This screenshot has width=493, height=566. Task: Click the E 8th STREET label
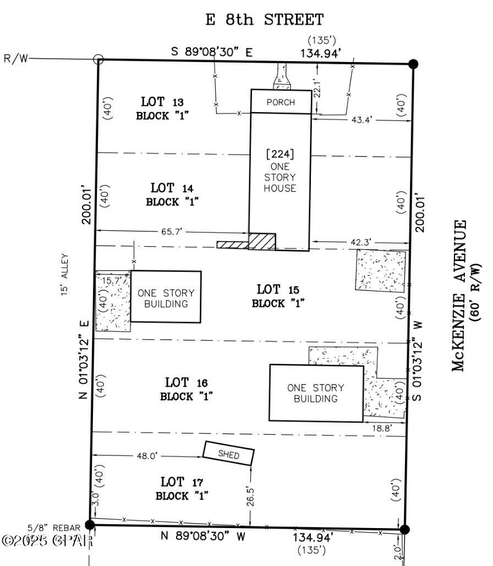[x=264, y=20]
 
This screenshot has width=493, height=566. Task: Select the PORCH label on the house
[x=281, y=102]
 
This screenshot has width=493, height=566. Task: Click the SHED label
[x=229, y=454]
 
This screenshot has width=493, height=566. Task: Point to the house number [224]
[x=280, y=154]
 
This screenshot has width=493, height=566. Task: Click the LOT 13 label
[x=162, y=102]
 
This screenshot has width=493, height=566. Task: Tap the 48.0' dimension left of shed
[x=144, y=456]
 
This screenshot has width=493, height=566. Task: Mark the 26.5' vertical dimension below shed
[x=251, y=495]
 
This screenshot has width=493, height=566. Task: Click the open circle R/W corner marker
[x=98, y=59]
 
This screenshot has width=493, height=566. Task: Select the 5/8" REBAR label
[x=56, y=528]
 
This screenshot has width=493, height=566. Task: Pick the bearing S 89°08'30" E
[x=211, y=52]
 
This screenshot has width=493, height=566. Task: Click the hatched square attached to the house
[x=262, y=241]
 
